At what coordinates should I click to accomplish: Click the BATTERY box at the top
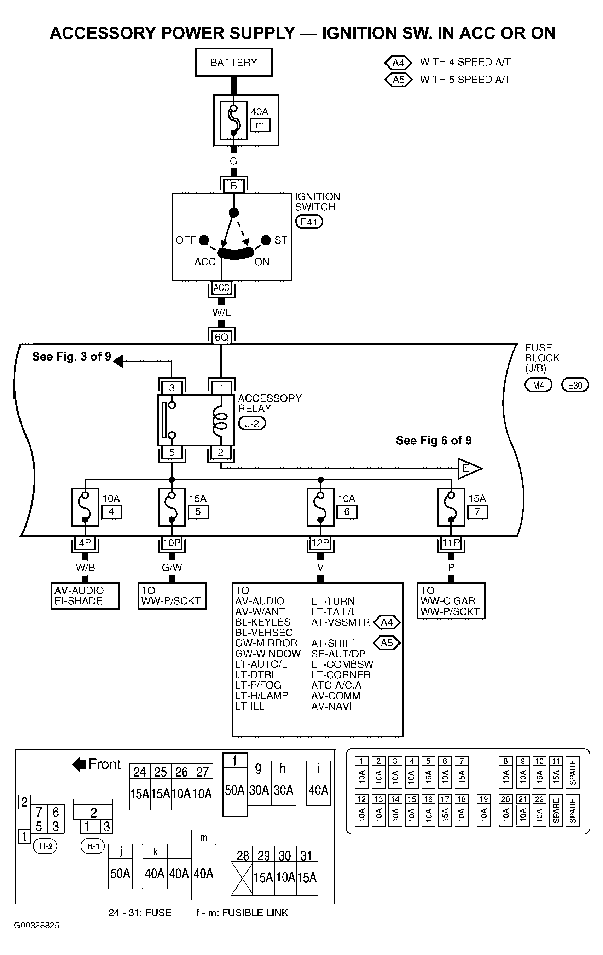[233, 62]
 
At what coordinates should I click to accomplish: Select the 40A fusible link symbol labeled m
[234, 120]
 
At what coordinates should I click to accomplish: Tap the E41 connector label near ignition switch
[309, 222]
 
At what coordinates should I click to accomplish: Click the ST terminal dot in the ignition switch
[266, 240]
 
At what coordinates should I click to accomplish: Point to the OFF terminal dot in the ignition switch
[204, 240]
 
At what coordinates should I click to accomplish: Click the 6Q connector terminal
[221, 337]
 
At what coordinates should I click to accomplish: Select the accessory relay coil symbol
[221, 420]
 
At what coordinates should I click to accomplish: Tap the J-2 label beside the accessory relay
[252, 423]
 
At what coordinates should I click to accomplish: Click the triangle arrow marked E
[470, 469]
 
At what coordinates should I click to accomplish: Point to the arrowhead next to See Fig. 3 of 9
[118, 361]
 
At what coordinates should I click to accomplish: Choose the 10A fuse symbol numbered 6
[320, 507]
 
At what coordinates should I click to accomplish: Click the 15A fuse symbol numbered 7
[451, 507]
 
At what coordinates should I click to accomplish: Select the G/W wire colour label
[172, 568]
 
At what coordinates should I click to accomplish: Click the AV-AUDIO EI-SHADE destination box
[85, 596]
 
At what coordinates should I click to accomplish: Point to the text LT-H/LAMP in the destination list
[262, 695]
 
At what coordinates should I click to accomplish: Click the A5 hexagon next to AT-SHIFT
[387, 643]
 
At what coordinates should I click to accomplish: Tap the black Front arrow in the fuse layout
[79, 764]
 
